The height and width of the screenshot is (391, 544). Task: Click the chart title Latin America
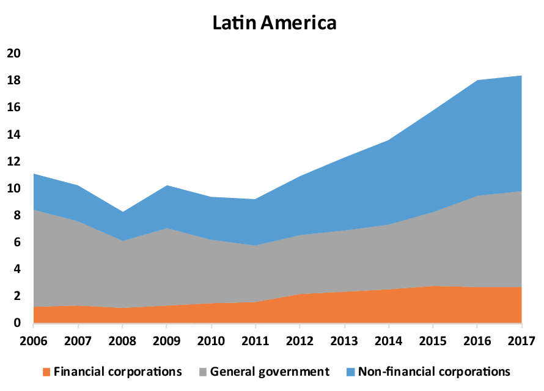(x=274, y=23)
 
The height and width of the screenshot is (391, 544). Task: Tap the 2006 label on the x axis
(x=33, y=340)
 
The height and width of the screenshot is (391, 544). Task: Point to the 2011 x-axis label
(x=255, y=340)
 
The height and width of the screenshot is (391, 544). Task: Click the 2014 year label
(x=388, y=340)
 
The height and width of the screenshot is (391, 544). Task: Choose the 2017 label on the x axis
(x=521, y=340)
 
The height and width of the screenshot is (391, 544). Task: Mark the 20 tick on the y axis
(x=13, y=54)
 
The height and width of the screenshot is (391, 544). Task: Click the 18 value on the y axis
(x=13, y=81)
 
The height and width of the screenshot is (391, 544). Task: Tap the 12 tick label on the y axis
(x=13, y=161)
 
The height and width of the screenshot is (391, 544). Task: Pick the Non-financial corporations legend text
(x=434, y=371)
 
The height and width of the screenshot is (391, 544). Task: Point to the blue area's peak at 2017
(x=521, y=76)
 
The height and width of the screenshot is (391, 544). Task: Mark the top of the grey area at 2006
(x=33, y=210)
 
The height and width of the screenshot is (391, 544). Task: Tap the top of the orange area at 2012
(x=300, y=294)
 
